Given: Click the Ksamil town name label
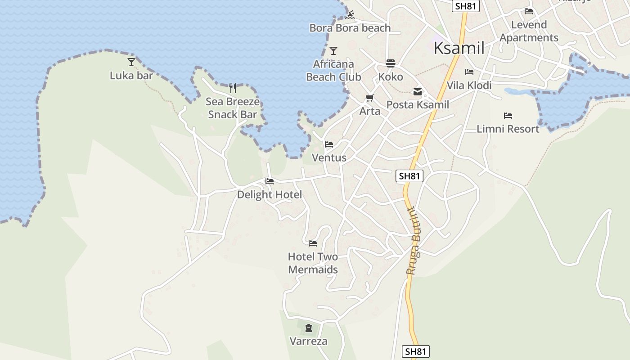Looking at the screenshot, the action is point(459,48).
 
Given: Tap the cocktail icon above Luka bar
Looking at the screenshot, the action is point(131,62).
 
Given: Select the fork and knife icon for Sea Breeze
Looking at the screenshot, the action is point(233,88).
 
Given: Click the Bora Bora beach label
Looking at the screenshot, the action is point(350,28).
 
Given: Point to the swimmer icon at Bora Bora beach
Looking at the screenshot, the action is point(351,15).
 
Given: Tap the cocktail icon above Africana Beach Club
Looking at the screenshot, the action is point(333,50).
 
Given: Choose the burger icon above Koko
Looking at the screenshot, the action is point(390,63).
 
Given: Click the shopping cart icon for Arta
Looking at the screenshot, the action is point(370,98).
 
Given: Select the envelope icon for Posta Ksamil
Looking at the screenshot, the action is point(418,92).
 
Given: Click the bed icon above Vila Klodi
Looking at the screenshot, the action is point(469,72).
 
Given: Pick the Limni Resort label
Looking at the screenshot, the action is point(508,129).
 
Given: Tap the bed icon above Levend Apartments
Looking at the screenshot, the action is point(529,11).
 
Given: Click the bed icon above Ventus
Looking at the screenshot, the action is point(329,144).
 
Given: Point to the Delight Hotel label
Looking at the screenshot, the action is point(269,194).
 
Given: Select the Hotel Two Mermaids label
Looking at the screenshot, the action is point(313,263).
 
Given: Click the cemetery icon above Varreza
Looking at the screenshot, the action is point(309,328).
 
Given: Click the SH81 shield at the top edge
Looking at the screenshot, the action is point(466,6).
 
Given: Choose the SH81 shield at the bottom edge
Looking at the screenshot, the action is point(415,351).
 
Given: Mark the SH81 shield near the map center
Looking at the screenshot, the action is point(409,176).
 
